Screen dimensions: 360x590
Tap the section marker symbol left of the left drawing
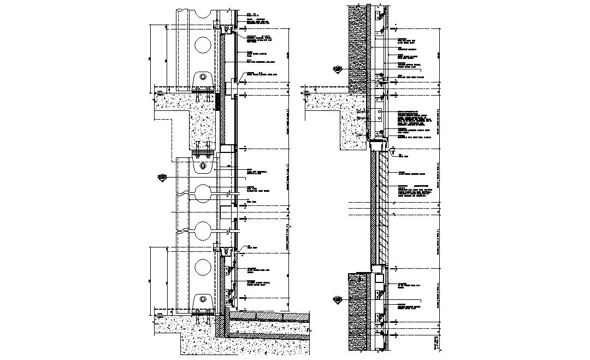click(162, 177)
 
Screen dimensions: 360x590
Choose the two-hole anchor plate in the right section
click(377, 115)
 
